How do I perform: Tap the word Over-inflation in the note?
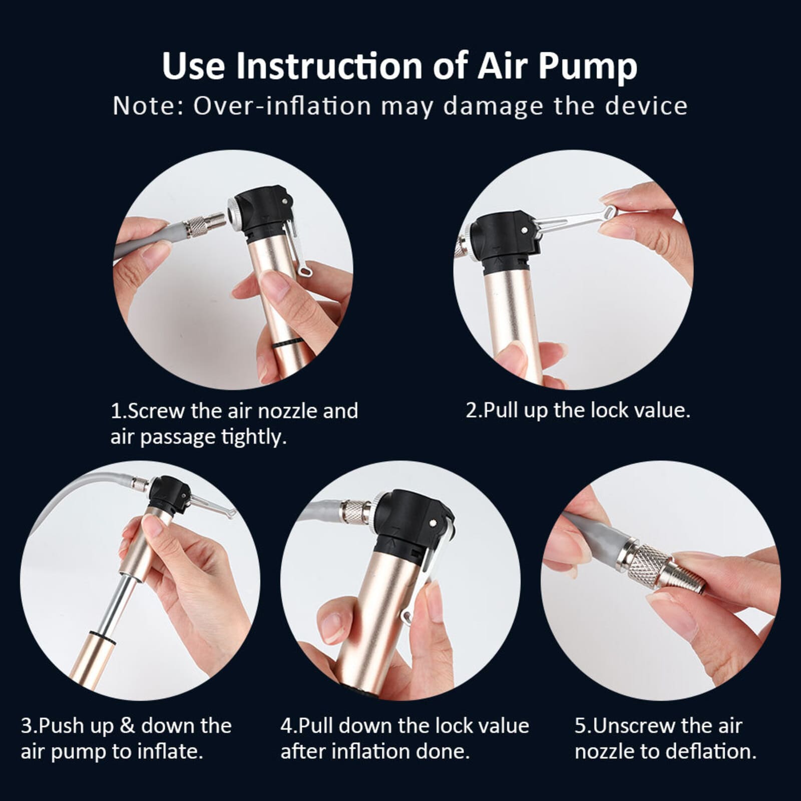click(x=282, y=106)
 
